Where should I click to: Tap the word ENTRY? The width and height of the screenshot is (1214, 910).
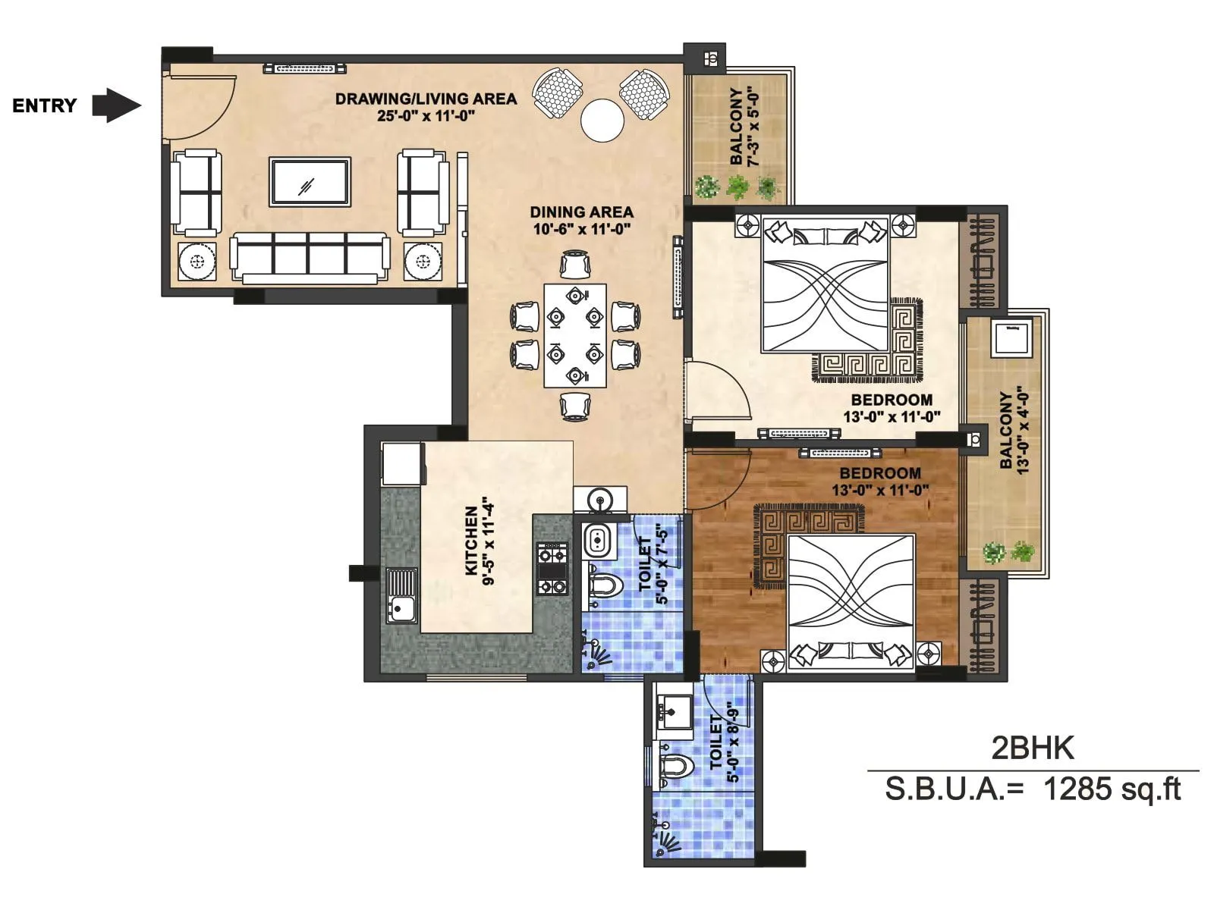44,105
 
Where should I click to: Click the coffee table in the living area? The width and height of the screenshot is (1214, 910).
310,181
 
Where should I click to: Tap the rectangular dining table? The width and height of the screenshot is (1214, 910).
575,334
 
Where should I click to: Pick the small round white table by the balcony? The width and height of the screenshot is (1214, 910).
602,120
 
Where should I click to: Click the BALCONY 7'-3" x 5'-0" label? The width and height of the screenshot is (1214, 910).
744,127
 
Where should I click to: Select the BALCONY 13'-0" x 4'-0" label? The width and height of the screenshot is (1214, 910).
1013,431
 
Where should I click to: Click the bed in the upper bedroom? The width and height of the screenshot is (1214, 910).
825,285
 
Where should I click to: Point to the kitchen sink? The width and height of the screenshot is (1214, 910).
401,595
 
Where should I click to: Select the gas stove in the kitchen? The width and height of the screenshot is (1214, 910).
552,568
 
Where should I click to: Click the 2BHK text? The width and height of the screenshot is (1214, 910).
1033,748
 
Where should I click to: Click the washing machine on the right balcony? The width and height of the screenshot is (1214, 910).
1011,337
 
